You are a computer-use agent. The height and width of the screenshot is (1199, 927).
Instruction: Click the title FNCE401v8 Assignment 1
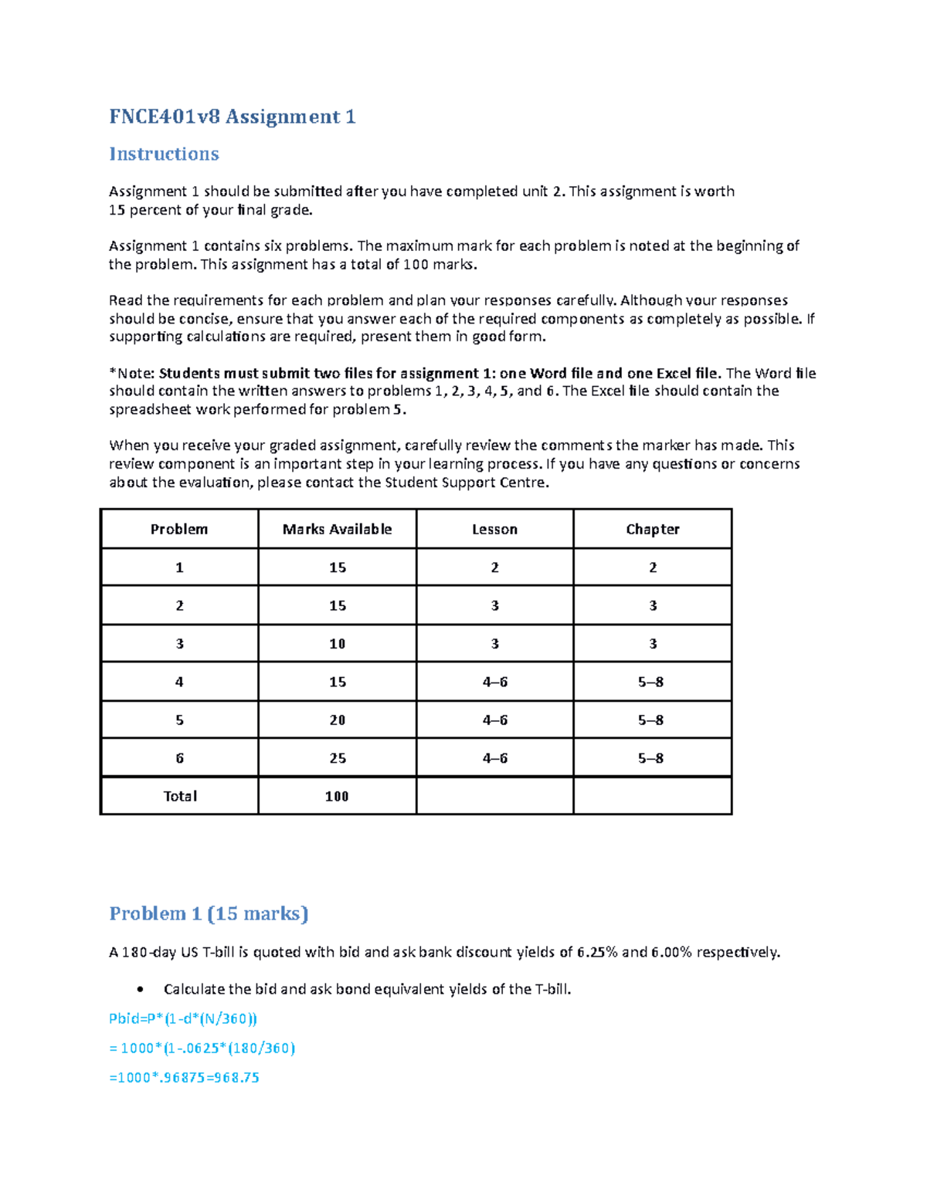click(x=232, y=117)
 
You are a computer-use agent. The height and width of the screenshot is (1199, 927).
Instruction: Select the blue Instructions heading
click(x=164, y=154)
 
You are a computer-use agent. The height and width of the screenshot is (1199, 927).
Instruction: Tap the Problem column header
click(x=178, y=529)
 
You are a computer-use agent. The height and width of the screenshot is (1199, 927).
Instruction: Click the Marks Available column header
click(x=337, y=529)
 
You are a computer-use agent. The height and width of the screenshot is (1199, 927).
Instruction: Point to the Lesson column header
click(x=494, y=529)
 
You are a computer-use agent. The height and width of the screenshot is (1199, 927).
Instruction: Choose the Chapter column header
click(x=652, y=529)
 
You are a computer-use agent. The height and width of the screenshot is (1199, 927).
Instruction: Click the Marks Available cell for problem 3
click(x=337, y=643)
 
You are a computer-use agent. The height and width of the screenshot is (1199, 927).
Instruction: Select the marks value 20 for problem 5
click(x=337, y=720)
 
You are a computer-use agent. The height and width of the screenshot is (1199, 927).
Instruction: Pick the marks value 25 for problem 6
click(x=337, y=758)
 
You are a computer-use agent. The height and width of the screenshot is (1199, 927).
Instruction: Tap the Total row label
click(x=179, y=796)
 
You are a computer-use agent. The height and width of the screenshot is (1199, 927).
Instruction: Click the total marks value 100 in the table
click(x=337, y=796)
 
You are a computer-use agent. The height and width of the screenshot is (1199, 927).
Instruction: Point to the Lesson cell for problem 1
click(x=494, y=567)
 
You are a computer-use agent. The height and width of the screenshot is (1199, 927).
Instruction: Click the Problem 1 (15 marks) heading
click(x=209, y=913)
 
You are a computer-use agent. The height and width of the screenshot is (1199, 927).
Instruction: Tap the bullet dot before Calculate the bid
click(x=140, y=990)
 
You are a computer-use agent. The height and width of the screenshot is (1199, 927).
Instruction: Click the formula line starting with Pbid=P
click(x=182, y=1018)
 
